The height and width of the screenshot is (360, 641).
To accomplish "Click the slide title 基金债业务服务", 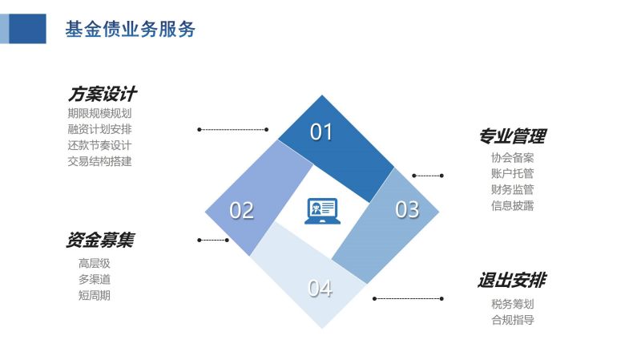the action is [x=131, y=29].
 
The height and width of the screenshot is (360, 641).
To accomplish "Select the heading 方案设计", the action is [x=102, y=94].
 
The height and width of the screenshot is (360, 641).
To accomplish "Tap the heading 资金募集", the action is [x=100, y=240].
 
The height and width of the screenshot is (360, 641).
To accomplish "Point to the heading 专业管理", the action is [x=513, y=136].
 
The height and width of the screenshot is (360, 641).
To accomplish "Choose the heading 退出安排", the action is [x=512, y=281].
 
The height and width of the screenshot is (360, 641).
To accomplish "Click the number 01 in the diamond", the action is [x=321, y=131].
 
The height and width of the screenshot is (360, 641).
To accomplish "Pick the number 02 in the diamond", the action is [x=242, y=210].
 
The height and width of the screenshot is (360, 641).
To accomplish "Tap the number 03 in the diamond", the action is [x=407, y=209].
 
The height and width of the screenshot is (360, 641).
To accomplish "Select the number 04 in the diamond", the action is [x=320, y=288].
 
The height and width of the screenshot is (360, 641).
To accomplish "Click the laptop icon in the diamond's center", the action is [x=322, y=211].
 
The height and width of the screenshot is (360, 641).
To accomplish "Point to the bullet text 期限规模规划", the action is [x=99, y=113].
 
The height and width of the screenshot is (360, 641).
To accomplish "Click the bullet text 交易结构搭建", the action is [x=99, y=161].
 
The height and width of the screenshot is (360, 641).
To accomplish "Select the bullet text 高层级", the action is [x=95, y=263].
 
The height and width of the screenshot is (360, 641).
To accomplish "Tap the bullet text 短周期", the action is [x=95, y=295].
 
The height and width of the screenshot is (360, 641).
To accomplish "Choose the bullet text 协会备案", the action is [x=513, y=157].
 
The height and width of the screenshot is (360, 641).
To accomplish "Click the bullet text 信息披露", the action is [x=513, y=205].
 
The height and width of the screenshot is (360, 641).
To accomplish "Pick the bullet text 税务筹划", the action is [x=513, y=304].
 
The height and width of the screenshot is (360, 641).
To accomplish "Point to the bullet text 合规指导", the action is [x=513, y=320].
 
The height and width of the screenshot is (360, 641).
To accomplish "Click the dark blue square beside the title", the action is [x=27, y=29].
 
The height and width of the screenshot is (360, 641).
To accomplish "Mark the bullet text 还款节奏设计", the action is [x=99, y=145].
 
